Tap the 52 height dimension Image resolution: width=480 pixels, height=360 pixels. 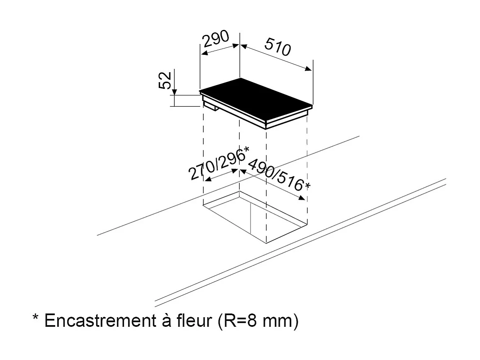(165, 80)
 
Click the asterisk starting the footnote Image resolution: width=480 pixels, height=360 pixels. (35, 319)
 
